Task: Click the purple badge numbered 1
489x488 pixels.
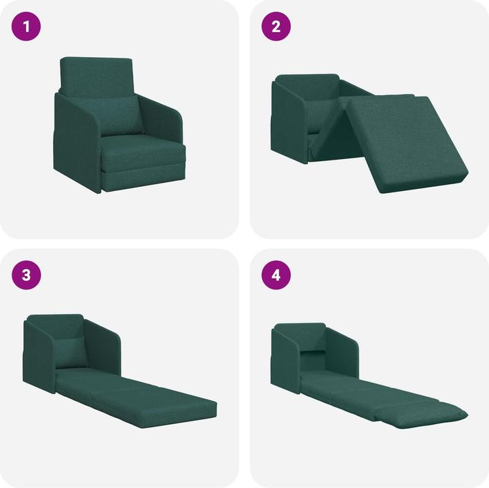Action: point(26,27)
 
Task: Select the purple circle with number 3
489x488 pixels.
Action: point(26,275)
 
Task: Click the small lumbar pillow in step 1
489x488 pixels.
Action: point(123,116)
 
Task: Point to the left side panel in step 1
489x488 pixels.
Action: point(76,143)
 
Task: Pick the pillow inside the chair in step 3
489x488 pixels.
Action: point(71,351)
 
